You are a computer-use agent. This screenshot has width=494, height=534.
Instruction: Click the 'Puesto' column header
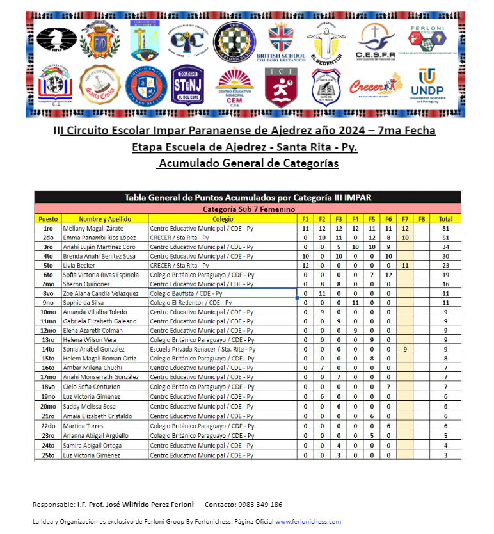48,218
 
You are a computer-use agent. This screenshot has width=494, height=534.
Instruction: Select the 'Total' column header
446,218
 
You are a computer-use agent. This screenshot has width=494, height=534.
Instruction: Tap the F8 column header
422,218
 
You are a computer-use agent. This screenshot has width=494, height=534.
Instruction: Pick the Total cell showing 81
446,228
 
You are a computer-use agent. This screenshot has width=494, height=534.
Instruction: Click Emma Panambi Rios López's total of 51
446,238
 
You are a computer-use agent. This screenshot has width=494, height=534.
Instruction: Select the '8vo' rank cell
48,294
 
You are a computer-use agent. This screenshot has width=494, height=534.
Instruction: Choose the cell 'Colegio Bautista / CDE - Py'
186,294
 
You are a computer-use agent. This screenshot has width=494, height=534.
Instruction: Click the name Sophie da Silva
83,303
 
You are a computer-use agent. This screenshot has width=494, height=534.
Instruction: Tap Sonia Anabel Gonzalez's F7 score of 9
405,350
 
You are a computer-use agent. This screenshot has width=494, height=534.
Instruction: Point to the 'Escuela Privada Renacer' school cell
202,350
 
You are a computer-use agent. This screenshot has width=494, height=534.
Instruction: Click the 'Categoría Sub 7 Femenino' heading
248,209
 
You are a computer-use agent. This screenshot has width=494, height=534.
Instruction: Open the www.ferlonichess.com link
308,522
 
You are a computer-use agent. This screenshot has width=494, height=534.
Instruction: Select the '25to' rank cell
48,455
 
